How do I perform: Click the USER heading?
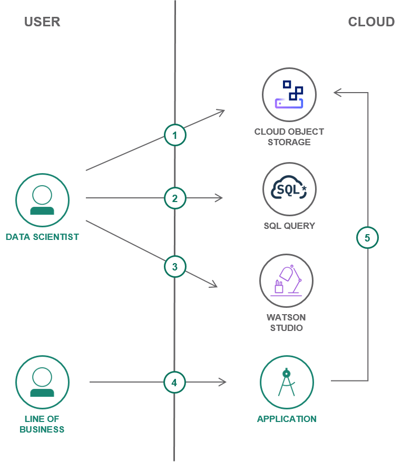coord(42,22)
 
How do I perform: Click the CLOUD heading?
coord(371,22)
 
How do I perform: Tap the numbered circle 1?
coord(175,135)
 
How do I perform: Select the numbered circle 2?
coord(175,198)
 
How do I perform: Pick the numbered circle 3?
coord(175,267)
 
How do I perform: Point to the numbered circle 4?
coord(174,383)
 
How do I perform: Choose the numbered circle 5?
coord(367,238)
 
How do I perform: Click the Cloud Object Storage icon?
coord(289,95)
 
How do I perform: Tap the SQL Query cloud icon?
coord(289,189)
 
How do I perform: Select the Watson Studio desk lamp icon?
coord(286,281)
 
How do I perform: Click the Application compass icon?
coord(287,383)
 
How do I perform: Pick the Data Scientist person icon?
coord(42,200)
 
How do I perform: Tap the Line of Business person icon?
coord(42,383)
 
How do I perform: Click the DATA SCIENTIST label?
coord(42,237)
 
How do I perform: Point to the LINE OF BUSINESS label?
coord(42,424)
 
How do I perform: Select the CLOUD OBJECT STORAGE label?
coord(289,137)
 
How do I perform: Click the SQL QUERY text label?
coord(289,226)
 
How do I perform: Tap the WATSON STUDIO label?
coord(286,323)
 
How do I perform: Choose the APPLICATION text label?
coord(287,419)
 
